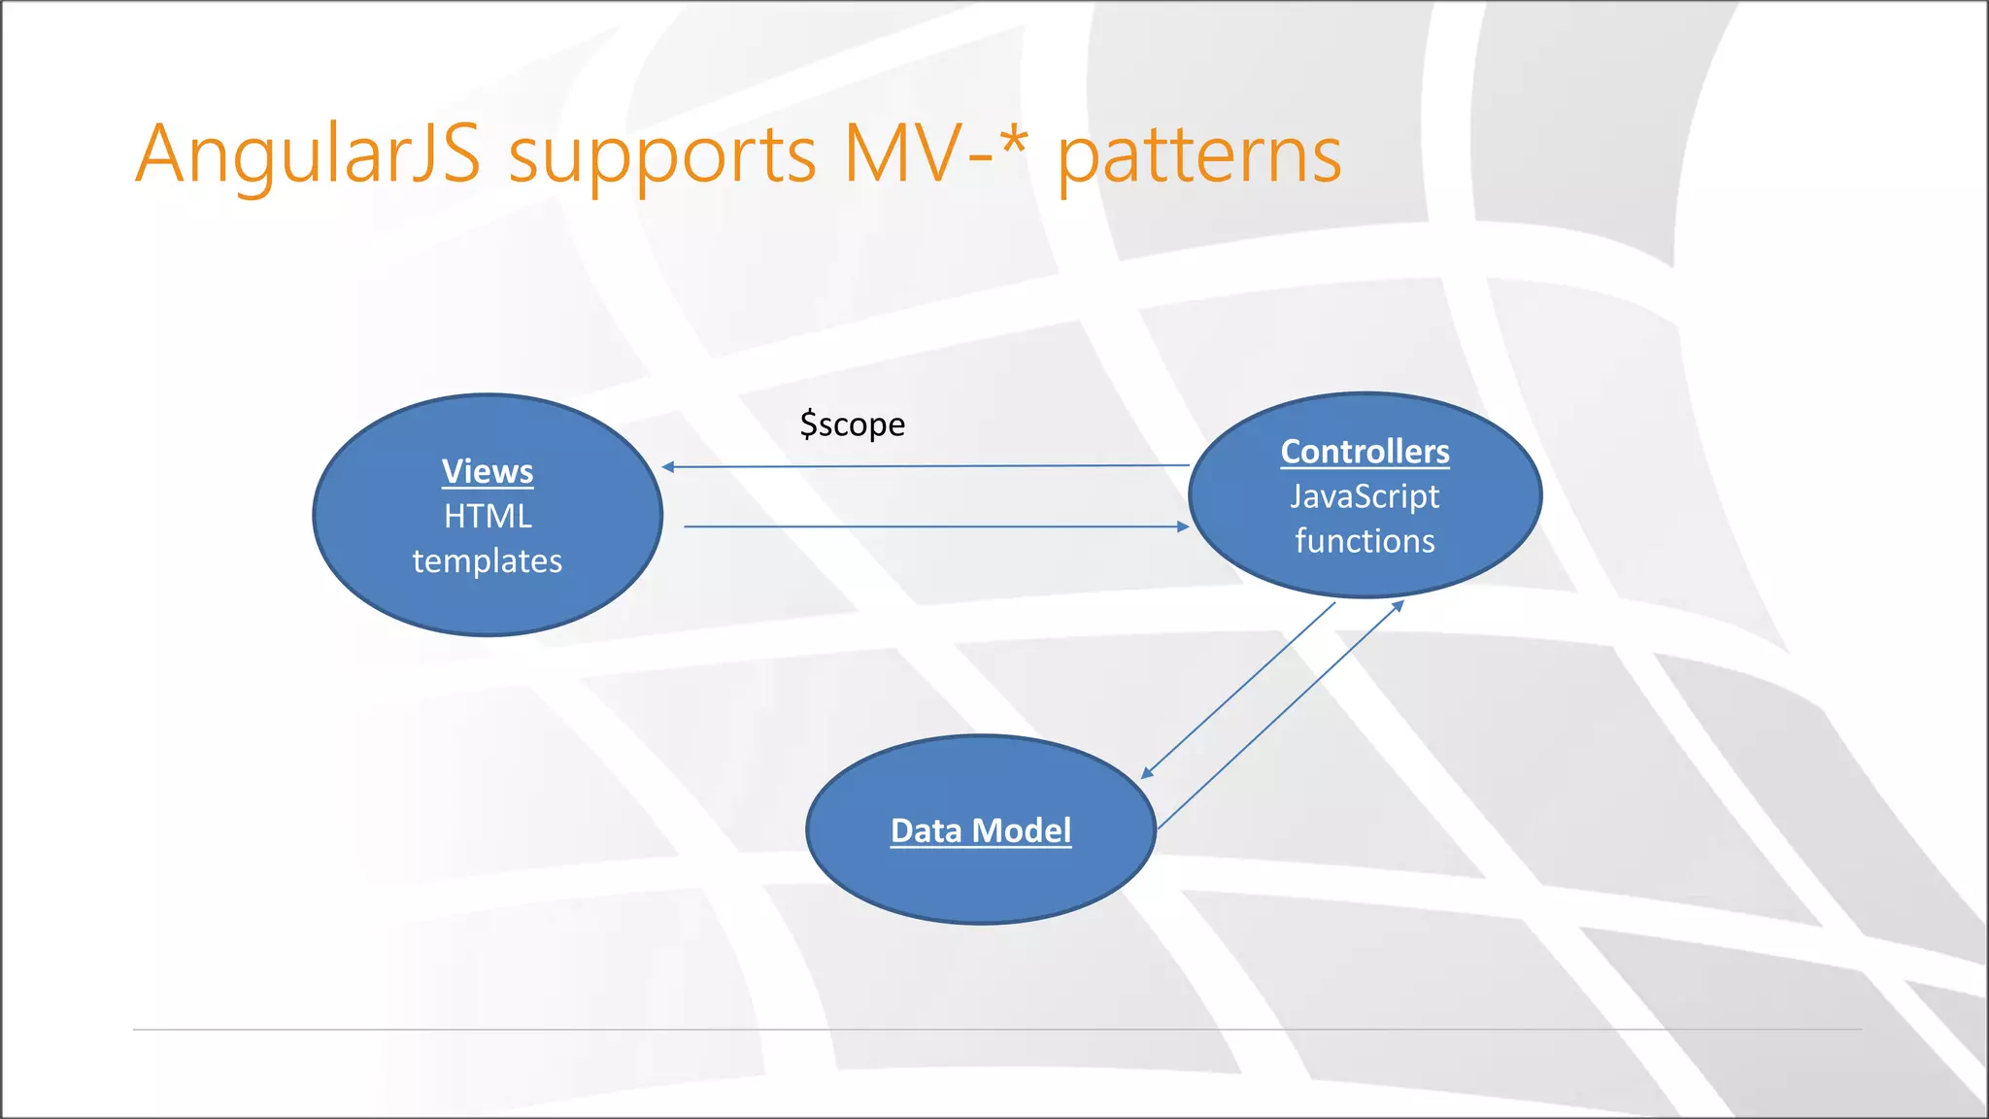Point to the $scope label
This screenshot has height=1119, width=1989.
click(852, 424)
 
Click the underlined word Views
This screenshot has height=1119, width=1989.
click(488, 472)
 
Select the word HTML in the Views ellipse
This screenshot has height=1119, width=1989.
click(488, 517)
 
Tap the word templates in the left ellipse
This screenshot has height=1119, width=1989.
click(488, 561)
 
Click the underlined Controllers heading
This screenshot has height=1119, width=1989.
click(1365, 452)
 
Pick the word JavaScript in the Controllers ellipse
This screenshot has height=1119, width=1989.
click(1365, 496)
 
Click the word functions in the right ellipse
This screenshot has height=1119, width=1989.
click(1365, 541)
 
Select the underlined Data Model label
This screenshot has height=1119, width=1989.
click(981, 831)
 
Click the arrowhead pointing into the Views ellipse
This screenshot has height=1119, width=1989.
click(668, 467)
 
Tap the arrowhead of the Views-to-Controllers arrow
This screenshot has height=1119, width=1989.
click(1183, 526)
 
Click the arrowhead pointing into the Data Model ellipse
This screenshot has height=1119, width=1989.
click(1147, 773)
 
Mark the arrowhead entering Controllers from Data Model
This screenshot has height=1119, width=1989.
click(1399, 606)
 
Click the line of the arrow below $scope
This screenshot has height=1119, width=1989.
click(923, 466)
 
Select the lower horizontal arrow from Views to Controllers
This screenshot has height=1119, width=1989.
click(923, 526)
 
